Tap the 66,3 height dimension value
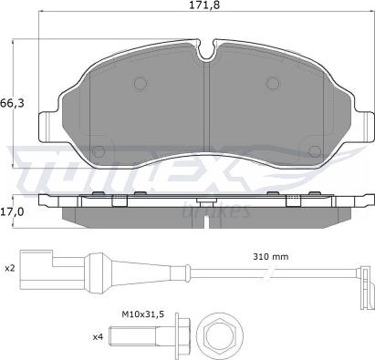[x=12, y=104]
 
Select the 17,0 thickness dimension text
[x=12, y=212]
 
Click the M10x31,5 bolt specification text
[x=143, y=314]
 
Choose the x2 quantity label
[x=10, y=268]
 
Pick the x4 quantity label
[x=98, y=336]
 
